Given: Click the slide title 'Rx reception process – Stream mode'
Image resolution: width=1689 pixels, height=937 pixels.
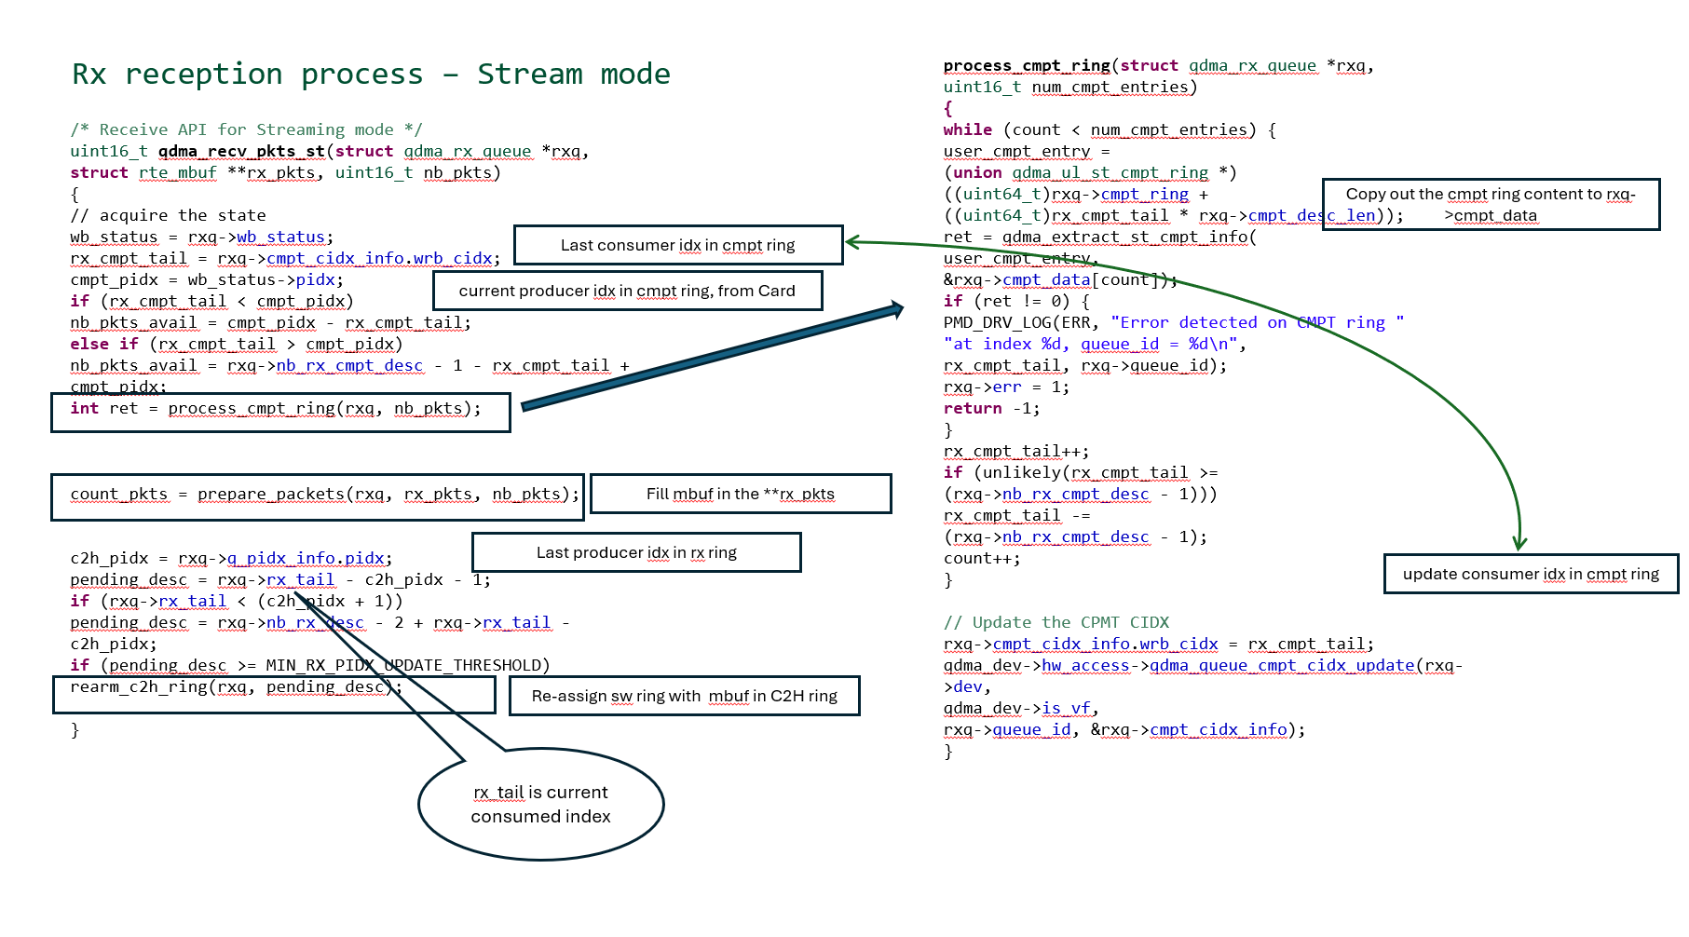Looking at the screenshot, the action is (371, 74).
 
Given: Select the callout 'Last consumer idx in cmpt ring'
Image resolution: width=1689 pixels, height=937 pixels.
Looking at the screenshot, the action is (678, 245).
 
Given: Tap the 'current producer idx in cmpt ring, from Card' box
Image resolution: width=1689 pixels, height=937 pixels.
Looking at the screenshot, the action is (627, 291).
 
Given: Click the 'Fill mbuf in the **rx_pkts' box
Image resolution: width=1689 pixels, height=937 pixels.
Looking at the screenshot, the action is (741, 494).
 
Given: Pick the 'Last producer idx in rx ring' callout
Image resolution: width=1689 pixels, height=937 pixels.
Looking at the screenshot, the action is (636, 552).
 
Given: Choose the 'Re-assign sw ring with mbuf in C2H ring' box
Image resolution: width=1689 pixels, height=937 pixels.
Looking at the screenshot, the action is (684, 696).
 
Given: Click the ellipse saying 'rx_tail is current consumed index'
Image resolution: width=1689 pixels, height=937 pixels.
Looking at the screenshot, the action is (540, 804).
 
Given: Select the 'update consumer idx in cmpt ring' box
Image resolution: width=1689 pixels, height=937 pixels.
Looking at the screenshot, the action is (1531, 574).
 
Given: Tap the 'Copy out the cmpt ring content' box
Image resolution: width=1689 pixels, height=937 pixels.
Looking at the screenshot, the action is (1491, 204).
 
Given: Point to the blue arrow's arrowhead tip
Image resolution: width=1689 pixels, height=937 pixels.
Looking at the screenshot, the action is (903, 307).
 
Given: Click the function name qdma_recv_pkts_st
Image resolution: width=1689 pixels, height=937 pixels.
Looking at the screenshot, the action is (241, 151).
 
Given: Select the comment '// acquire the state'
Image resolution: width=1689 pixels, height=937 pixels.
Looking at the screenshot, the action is (168, 215).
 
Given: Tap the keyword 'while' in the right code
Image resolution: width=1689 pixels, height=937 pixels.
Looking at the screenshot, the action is (967, 129).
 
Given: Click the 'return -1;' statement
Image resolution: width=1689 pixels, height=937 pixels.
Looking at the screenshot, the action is (991, 408).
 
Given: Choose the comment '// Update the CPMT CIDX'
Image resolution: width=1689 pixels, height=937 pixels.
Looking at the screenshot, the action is (1056, 622).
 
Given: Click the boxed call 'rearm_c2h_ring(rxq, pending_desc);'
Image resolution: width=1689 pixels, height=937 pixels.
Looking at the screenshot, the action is (237, 687).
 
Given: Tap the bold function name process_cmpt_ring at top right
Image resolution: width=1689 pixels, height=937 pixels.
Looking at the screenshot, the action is (1027, 65).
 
